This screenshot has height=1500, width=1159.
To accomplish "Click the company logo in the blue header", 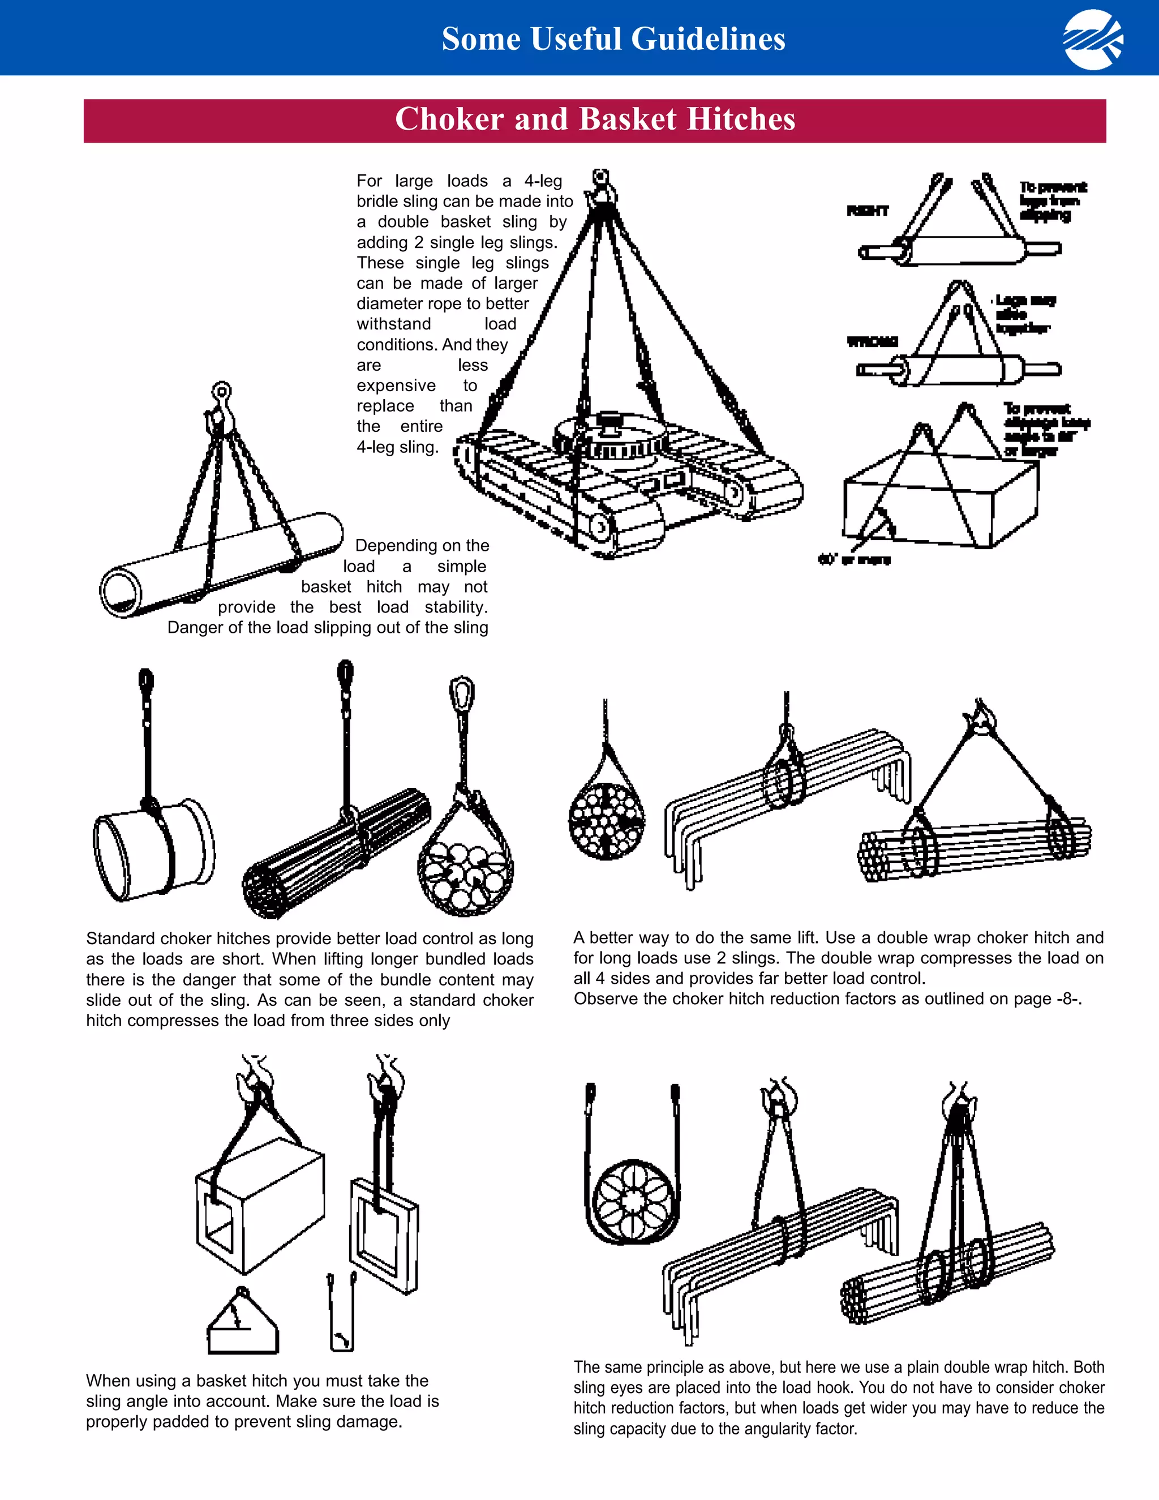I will coord(1093,40).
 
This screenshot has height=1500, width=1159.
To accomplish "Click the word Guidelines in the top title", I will coord(708,39).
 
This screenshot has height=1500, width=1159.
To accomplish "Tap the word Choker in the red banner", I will coord(449,119).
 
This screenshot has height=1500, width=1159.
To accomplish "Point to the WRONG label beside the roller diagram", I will coord(872,341).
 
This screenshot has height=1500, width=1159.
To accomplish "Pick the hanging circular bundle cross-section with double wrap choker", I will coord(606,821).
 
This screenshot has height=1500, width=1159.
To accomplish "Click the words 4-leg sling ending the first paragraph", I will coord(397,447).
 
